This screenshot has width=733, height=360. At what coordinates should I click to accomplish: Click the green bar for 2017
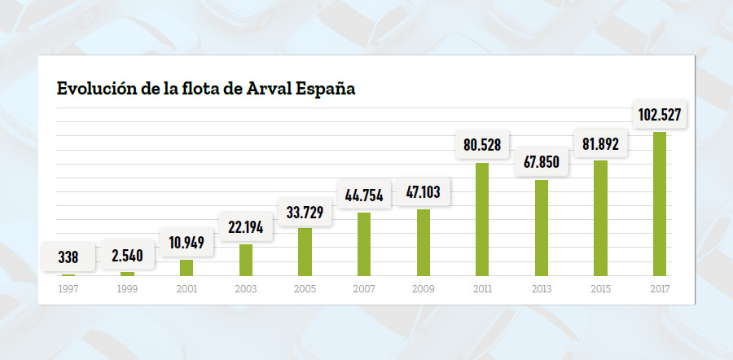(659, 204)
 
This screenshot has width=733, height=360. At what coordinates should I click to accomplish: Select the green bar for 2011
(482, 219)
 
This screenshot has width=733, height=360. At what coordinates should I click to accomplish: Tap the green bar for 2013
(541, 227)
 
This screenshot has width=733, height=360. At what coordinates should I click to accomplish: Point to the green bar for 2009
(424, 242)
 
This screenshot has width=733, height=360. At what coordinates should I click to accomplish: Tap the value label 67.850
(541, 161)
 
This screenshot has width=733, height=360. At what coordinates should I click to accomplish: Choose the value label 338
(68, 257)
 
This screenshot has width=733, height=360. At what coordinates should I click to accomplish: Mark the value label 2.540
(128, 256)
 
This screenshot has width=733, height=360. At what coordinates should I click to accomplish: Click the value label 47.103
(423, 193)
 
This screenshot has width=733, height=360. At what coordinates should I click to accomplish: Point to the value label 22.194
(245, 227)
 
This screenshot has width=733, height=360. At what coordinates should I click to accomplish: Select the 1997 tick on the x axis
(68, 288)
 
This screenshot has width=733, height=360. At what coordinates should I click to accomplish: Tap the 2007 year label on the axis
(364, 288)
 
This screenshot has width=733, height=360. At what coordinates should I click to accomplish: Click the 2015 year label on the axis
(600, 288)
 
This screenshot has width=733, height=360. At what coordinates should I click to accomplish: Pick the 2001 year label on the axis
(187, 288)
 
